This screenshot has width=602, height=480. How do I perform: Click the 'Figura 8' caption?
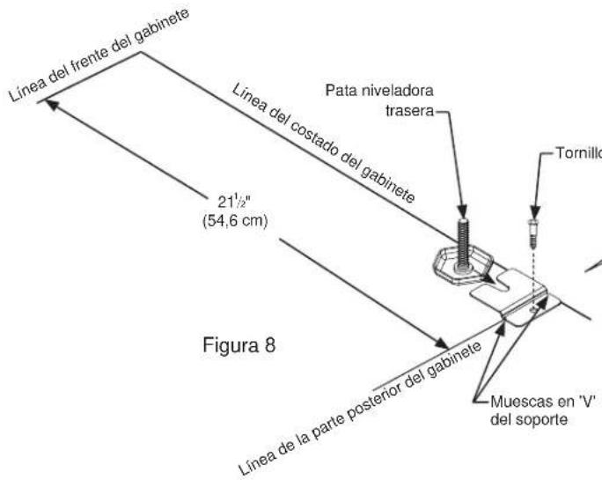239,345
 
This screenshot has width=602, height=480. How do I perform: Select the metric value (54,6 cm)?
235,221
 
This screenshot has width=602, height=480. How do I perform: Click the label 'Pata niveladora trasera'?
379,100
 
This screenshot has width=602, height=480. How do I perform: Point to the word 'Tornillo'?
579,153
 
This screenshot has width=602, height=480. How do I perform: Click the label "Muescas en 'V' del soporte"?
542,410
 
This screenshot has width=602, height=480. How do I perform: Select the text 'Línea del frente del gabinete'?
99,55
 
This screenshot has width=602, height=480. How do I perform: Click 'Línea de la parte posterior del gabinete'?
359,408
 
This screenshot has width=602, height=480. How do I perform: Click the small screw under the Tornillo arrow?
532,233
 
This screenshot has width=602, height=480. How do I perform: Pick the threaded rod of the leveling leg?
463,242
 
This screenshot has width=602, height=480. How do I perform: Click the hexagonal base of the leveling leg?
462,266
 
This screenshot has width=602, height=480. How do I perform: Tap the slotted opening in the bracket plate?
496,283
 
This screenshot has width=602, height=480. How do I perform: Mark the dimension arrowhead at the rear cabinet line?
442,343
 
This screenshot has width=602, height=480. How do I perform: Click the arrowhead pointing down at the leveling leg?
462,210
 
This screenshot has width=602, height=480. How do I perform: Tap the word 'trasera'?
409,111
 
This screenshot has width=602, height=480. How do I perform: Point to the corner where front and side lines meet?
141,52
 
